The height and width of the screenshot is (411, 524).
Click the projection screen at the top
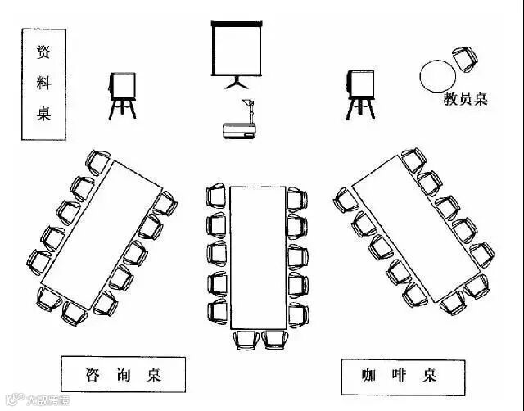pyautogui.click(x=237, y=47)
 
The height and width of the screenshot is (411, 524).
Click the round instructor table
pyautogui.click(x=437, y=75)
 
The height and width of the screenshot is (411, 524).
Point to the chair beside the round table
pyautogui.click(x=464, y=56)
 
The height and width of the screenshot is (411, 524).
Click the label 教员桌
pyautogui.click(x=465, y=100)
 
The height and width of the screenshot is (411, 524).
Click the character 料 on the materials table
pyautogui.click(x=43, y=83)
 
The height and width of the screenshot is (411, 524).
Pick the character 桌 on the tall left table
pyautogui.click(x=43, y=113)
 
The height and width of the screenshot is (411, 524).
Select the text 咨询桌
pyautogui.click(x=123, y=375)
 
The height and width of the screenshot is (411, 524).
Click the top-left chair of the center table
pyautogui.click(x=216, y=196)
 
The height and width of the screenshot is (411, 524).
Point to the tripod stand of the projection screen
pyautogui.click(x=237, y=82)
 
